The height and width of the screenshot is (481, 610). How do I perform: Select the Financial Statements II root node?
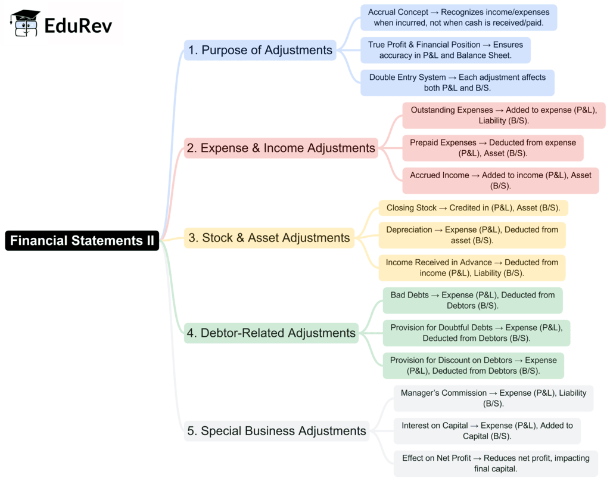coord(82,241)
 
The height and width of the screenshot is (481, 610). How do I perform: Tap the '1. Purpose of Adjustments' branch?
coord(260,50)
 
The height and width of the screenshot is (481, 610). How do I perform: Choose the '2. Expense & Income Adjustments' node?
coord(281,148)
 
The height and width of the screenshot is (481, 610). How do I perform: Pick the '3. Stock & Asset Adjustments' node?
coord(269,238)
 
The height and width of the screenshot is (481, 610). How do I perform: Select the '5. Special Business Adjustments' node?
coord(277,430)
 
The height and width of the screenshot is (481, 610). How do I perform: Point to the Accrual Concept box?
coord(459,17)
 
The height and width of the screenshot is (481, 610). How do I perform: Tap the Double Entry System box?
coord(457,83)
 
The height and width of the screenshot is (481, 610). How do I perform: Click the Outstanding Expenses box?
coord(503,115)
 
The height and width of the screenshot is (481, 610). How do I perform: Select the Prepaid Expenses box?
coord(493,148)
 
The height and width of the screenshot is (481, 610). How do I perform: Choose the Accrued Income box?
coord(500,180)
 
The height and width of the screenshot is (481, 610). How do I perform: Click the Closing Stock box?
coord(473,208)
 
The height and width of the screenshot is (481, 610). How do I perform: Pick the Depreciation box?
coord(472,235)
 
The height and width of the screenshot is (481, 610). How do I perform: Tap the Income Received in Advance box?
coord(472,268)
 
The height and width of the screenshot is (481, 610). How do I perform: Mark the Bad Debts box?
coord(472,300)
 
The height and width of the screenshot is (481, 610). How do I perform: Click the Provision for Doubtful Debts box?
coord(476,333)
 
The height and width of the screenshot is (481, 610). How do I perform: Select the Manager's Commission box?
coord(493,398)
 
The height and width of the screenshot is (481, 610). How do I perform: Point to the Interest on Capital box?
coord(487,430)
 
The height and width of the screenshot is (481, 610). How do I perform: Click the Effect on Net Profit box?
coord(496,463)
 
